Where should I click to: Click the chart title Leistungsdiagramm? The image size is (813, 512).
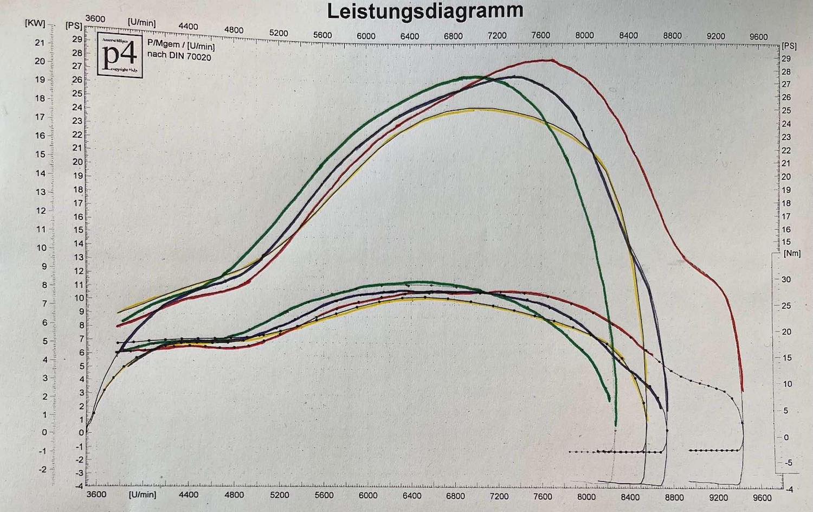pyautogui.click(x=425, y=11)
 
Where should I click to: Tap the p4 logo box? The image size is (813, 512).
pyautogui.click(x=119, y=56)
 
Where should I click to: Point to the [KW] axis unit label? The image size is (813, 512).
pyautogui.click(x=35, y=24)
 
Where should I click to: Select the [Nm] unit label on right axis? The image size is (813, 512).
pyautogui.click(x=792, y=253)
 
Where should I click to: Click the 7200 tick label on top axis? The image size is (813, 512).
pyautogui.click(x=497, y=36)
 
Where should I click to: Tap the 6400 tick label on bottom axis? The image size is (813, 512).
pyautogui.click(x=412, y=496)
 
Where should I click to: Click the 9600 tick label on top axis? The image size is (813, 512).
pyautogui.click(x=758, y=36)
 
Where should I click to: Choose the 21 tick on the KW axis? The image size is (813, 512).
pyautogui.click(x=40, y=43)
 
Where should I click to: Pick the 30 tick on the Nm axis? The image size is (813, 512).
pyautogui.click(x=785, y=279)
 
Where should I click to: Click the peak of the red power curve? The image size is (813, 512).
pyautogui.click(x=551, y=60)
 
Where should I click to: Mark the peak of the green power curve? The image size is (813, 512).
pyautogui.click(x=477, y=77)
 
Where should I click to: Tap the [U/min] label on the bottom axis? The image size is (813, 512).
pyautogui.click(x=142, y=495)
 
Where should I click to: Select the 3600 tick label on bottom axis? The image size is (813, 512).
pyautogui.click(x=96, y=494)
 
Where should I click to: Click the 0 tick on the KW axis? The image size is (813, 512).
pyautogui.click(x=44, y=432)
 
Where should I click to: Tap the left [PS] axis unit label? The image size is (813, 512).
pyautogui.click(x=73, y=25)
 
